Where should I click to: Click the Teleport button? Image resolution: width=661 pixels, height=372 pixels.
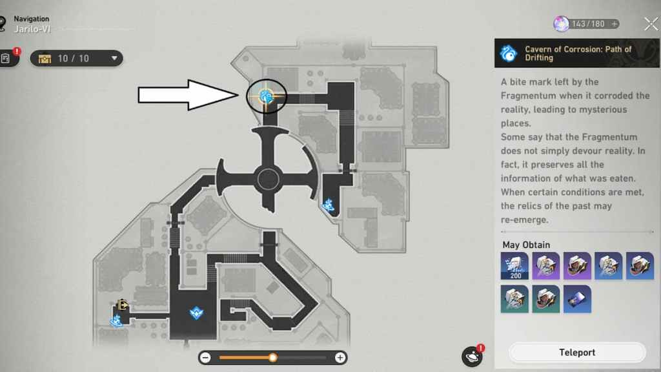tap(577, 352)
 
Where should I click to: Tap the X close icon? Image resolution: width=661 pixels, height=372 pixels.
tap(651, 24)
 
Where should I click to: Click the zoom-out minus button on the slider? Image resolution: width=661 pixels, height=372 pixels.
tap(205, 358)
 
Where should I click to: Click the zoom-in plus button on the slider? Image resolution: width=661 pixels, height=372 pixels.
tap(340, 358)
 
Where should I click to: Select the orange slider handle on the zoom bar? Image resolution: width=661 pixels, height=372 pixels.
tap(273, 358)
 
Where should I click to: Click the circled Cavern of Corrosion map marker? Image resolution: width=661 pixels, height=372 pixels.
tap(266, 97)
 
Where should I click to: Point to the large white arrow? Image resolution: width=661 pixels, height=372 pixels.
tap(188, 95)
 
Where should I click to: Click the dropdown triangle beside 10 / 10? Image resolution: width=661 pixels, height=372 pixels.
tap(114, 58)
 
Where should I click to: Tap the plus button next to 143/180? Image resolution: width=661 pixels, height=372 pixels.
tap(615, 24)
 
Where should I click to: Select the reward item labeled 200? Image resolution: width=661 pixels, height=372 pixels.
tap(514, 266)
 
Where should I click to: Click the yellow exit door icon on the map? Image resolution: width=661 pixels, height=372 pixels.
tap(123, 305)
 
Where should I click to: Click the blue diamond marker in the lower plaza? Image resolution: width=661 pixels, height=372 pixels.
tap(196, 313)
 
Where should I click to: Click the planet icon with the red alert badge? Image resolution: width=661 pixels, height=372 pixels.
tap(473, 356)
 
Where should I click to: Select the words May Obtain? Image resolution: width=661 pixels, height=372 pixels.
tap(526, 245)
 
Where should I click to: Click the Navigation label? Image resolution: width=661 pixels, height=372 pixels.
tap(31, 19)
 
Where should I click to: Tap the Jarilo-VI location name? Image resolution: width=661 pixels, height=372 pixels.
tap(32, 29)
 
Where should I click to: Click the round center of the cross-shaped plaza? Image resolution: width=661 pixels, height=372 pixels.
tap(268, 180)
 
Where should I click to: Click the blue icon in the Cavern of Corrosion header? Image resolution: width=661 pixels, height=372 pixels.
tap(509, 54)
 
